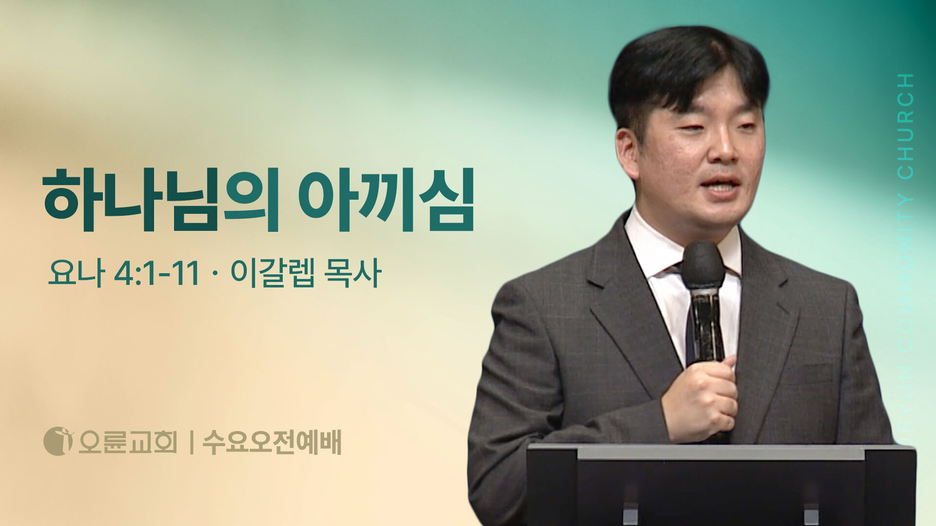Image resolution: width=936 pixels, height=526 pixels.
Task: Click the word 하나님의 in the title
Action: [161, 200]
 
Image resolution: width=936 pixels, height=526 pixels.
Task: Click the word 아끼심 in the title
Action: [386, 200]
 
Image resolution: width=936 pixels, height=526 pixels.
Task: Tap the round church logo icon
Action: [58, 441]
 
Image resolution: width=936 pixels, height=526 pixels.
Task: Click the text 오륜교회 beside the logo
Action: [127, 442]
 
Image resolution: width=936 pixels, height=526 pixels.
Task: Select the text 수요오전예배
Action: [272, 442]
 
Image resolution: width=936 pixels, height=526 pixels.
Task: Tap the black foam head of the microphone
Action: [702, 266]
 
